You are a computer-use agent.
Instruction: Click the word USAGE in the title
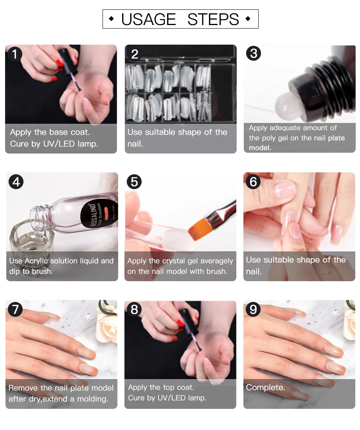[x=148, y=19]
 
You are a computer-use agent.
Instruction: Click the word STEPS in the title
[x=213, y=19]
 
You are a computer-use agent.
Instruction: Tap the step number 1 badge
[x=14, y=54]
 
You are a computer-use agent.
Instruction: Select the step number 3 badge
[x=254, y=54]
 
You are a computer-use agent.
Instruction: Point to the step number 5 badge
[x=134, y=182]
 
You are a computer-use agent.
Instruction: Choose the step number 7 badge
[x=15, y=309]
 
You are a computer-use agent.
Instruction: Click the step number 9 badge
[x=253, y=309]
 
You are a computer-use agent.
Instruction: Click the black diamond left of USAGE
[x=111, y=19]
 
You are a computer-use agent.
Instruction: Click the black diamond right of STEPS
[x=248, y=19]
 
